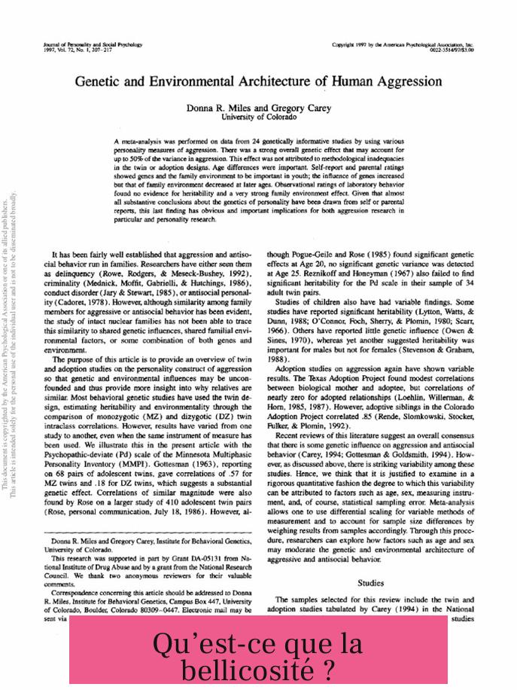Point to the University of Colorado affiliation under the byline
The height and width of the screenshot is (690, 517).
pos(259,118)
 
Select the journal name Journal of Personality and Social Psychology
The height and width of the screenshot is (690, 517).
pos(93,45)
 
